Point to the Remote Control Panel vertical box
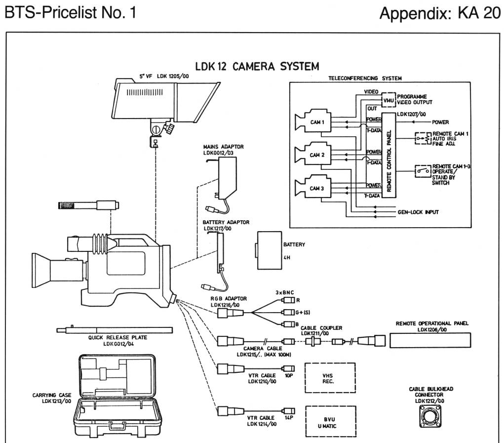pyautogui.click(x=388, y=155)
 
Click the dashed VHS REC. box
pyautogui.click(x=330, y=378)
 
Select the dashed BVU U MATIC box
pyautogui.click(x=331, y=421)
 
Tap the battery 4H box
pyautogui.click(x=269, y=250)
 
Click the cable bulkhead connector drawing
pyautogui.click(x=430, y=416)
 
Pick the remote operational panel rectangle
pyautogui.click(x=430, y=340)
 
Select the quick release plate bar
pyautogui.click(x=115, y=330)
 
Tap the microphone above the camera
pyautogui.click(x=88, y=205)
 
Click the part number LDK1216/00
pyautogui.click(x=225, y=305)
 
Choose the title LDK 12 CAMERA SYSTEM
pyautogui.click(x=257, y=67)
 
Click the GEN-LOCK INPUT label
pyautogui.click(x=418, y=212)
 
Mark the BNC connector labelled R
pyautogui.click(x=288, y=300)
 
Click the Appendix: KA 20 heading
pyautogui.click(x=440, y=13)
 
